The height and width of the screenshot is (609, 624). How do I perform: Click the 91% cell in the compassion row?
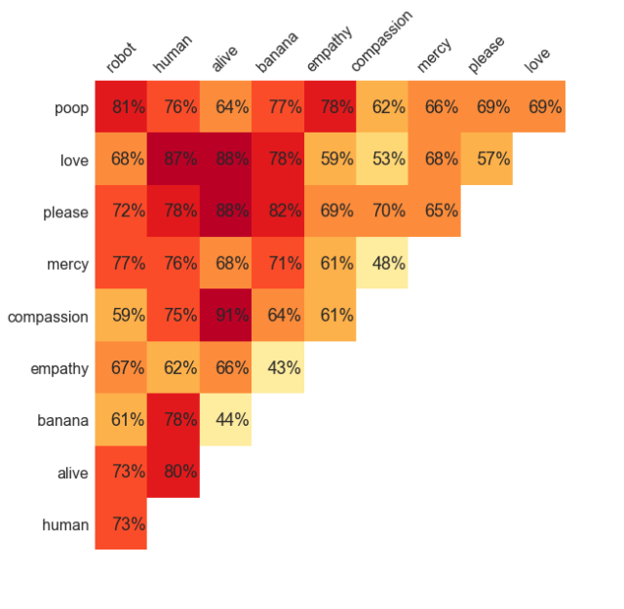coord(225,316)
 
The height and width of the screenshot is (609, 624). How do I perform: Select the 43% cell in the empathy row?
coord(278,368)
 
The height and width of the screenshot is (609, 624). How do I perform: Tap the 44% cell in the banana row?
coord(225,420)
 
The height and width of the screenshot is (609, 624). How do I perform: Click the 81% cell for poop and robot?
coord(121,107)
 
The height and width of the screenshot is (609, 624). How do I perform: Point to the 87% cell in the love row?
coord(174,159)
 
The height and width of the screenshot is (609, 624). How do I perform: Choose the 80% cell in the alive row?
coord(174,472)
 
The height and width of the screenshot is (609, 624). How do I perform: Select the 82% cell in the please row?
coord(278,211)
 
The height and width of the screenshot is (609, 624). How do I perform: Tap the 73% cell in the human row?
coord(121,524)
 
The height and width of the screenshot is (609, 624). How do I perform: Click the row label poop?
coord(71,107)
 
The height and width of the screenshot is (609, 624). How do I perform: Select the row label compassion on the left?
coord(48,317)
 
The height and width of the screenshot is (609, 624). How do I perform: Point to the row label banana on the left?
coord(64,421)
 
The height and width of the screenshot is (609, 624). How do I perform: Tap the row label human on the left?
coord(65,525)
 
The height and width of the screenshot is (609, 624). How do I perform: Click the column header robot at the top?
coord(122,58)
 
